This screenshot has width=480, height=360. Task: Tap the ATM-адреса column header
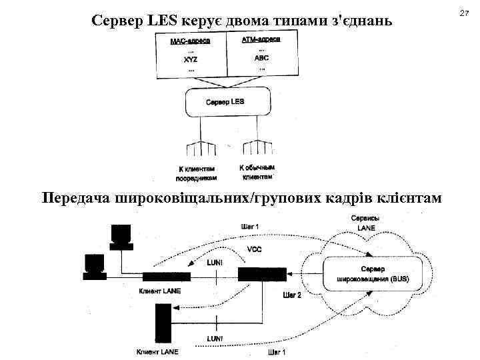pyautogui.click(x=261, y=40)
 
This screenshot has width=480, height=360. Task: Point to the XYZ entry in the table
pyautogui.click(x=191, y=59)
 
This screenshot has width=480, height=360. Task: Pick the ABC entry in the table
pyautogui.click(x=261, y=58)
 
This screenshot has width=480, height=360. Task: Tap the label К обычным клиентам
pyautogui.click(x=257, y=173)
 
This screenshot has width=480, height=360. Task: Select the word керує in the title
pyautogui.click(x=198, y=21)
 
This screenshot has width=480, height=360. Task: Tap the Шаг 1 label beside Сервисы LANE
pyautogui.click(x=249, y=227)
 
